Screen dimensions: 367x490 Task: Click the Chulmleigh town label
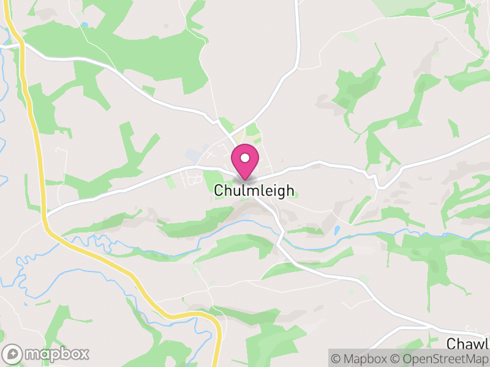click(x=254, y=191)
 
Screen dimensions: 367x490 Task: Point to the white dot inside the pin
click(x=245, y=158)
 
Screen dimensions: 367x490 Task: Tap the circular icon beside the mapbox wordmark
click(x=13, y=354)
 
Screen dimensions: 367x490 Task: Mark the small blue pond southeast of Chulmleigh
click(x=336, y=231)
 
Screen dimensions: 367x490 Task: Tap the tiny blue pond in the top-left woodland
click(x=83, y=25)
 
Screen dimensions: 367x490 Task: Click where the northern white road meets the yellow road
click(x=20, y=45)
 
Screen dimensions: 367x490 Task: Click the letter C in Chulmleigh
click(x=219, y=191)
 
